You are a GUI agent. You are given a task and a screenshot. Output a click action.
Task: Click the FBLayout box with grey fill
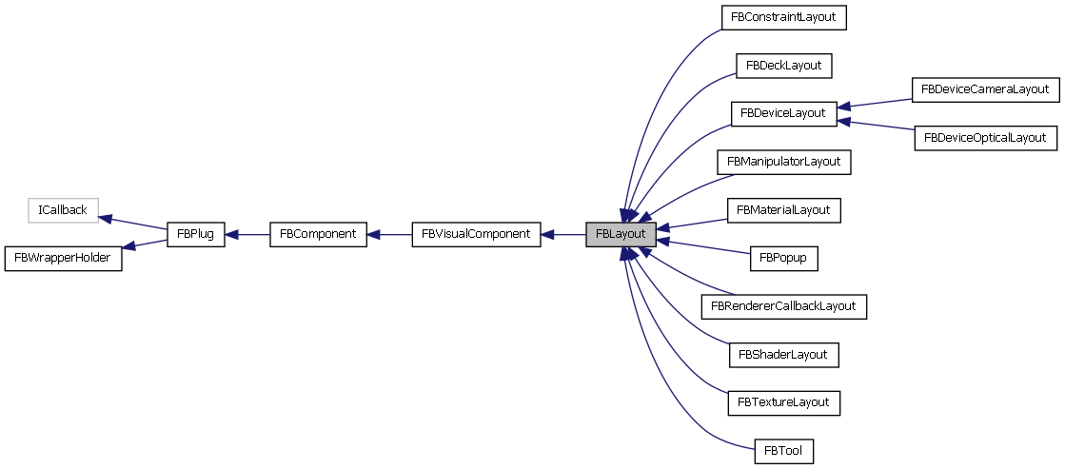click(x=621, y=234)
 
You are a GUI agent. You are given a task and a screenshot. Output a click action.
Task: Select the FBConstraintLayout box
click(x=783, y=17)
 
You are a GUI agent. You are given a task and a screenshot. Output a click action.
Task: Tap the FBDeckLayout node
click(x=783, y=66)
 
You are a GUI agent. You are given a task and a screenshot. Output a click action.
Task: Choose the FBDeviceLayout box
click(x=783, y=113)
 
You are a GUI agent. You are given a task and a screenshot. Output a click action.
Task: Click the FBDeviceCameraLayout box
click(x=984, y=89)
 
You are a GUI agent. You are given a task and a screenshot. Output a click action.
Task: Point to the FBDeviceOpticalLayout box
click(x=984, y=138)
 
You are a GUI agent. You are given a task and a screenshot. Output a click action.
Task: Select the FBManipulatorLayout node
click(x=783, y=162)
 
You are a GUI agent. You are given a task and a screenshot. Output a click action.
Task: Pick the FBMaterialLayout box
click(x=783, y=209)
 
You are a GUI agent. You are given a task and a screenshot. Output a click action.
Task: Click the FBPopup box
click(x=783, y=258)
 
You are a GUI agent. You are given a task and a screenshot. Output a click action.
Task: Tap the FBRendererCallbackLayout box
click(x=783, y=306)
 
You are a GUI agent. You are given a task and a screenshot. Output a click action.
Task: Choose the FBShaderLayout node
click(x=783, y=355)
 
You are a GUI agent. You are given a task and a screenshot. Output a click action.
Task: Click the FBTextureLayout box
click(x=783, y=402)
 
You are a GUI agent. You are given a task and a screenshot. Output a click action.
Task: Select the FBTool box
click(x=783, y=451)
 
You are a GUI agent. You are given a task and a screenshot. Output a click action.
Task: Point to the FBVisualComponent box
click(x=476, y=234)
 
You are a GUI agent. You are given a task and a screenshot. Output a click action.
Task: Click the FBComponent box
click(x=318, y=234)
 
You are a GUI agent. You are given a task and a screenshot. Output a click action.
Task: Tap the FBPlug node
click(x=195, y=234)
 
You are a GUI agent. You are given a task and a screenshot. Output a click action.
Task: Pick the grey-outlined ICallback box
click(x=64, y=210)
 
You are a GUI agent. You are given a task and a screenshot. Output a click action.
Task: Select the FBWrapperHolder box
click(x=64, y=259)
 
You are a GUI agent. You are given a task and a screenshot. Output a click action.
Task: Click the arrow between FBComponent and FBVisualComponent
click(x=389, y=234)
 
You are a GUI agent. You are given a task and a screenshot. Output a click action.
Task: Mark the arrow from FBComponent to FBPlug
click(x=247, y=234)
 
